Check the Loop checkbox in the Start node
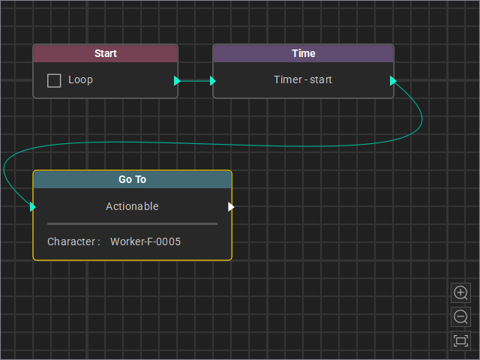[54, 80]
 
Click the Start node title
[106, 53]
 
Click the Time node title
[303, 53]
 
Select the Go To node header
[132, 179]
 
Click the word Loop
[80, 80]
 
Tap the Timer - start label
[303, 79]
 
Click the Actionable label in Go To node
[132, 206]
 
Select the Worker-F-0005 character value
[145, 241]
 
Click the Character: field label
[73, 241]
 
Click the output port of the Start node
[177, 81]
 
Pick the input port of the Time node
[213, 81]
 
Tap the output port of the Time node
[393, 81]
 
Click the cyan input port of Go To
[33, 207]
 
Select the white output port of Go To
[231, 207]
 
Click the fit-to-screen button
[460, 340]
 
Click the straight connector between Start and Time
[195, 81]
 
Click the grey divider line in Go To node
[132, 223]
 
